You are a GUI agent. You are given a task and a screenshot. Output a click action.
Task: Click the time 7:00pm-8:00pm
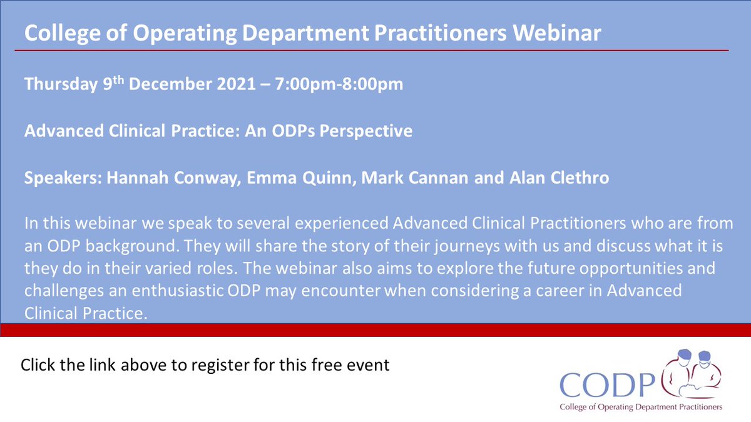(337, 84)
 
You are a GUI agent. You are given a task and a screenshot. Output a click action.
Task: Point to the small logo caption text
(633, 407)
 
